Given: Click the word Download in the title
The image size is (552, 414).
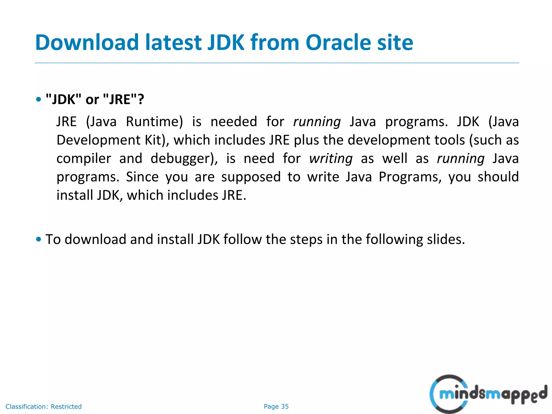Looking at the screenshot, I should [87, 43].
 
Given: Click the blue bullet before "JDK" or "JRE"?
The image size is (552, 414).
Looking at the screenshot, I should [39, 99].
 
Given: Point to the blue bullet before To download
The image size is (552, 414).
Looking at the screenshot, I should [39, 239].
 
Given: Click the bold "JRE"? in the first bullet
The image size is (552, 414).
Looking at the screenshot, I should [124, 99].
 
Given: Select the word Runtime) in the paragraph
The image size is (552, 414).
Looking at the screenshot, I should [154, 122].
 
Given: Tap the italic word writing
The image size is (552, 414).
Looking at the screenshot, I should [331, 158].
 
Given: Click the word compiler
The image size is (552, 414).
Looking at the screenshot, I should [84, 158].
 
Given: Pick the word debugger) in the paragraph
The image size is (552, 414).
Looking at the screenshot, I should [184, 158].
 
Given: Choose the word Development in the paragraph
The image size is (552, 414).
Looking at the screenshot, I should [98, 140].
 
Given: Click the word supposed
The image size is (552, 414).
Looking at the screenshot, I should [251, 177].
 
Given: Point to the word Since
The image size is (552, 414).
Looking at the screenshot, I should [142, 177].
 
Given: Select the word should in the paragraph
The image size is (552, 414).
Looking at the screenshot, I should [498, 177].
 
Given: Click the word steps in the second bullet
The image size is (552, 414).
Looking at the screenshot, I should [306, 239].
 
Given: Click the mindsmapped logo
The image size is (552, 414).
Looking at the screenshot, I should [488, 394].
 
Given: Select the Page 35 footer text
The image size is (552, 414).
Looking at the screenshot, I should [276, 406].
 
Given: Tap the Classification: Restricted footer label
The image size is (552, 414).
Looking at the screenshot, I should [44, 406].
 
